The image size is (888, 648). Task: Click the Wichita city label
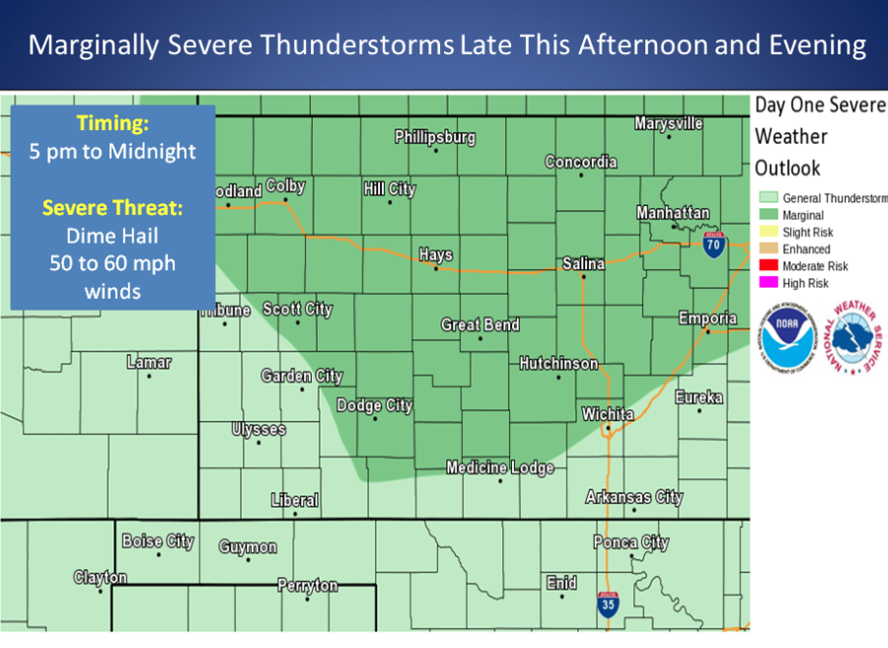click(x=608, y=414)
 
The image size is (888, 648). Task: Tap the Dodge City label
click(x=375, y=405)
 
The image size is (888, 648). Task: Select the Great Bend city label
click(x=480, y=324)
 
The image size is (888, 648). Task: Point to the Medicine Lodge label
click(x=499, y=468)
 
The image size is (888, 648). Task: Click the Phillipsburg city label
click(x=435, y=137)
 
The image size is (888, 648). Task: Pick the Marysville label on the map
click(x=668, y=123)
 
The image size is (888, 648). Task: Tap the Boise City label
click(x=158, y=540)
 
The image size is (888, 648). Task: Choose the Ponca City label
click(x=630, y=541)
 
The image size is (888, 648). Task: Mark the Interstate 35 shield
click(x=608, y=605)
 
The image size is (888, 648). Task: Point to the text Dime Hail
click(x=111, y=236)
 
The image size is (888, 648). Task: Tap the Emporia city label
click(x=707, y=318)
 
